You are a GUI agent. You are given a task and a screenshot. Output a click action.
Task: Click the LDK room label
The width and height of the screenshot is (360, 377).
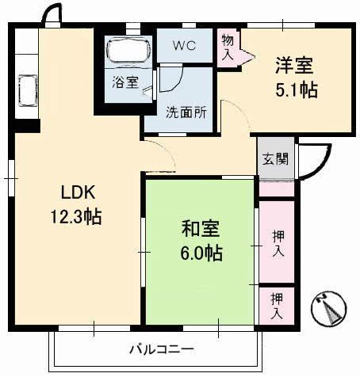(78, 192)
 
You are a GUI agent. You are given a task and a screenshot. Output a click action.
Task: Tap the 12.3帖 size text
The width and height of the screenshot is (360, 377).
(78, 216)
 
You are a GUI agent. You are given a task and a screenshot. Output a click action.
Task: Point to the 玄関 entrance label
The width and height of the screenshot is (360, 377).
(275, 158)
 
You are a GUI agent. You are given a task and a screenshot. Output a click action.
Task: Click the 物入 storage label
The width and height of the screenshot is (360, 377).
(228, 48)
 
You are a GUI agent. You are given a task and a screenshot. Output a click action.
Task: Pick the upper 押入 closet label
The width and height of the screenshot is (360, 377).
(277, 243)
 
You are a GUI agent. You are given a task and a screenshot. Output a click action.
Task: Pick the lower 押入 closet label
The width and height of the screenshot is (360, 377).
(277, 306)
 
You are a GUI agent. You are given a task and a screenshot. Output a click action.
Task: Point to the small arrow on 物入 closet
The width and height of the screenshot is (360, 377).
(245, 55)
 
